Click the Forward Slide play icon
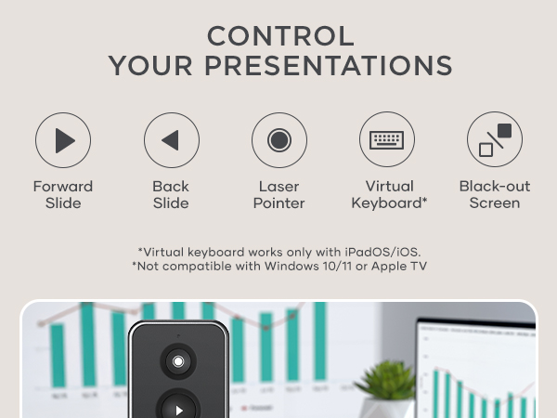click(x=63, y=140)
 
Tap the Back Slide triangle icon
click(x=171, y=140)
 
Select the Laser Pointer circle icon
click(x=278, y=140)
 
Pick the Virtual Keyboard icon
click(x=386, y=140)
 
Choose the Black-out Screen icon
click(x=495, y=140)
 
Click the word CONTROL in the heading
click(x=280, y=36)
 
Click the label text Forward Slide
click(x=63, y=194)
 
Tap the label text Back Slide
click(x=171, y=194)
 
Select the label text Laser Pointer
click(x=278, y=194)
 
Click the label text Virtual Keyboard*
click(x=389, y=194)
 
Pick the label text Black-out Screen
click(x=495, y=194)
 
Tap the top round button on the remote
click(x=178, y=360)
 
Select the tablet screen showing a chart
click(x=478, y=372)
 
